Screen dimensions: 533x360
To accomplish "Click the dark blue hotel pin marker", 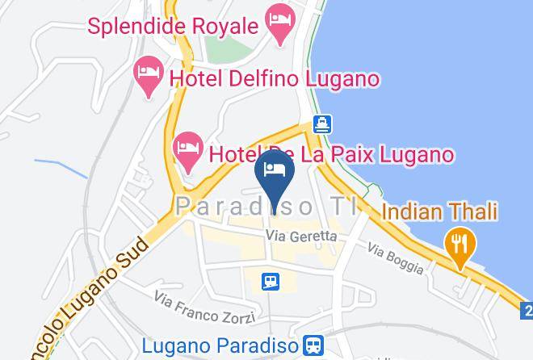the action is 275,176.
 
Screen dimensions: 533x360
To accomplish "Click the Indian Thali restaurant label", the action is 439,212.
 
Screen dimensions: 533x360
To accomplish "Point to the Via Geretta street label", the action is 301,237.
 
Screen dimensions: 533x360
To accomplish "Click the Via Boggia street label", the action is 396,258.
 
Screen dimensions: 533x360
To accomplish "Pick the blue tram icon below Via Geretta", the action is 271,280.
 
